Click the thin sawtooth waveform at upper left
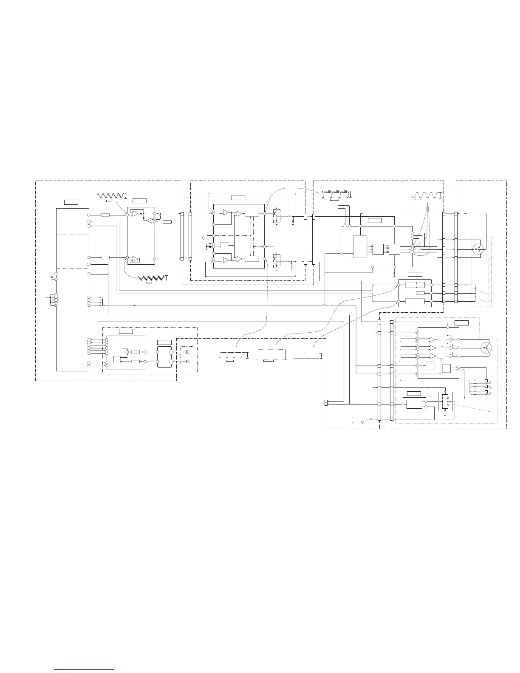pos(111,195)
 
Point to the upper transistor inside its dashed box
pos(276,215)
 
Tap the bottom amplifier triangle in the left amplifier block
pos(136,259)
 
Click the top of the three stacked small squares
pos(486,381)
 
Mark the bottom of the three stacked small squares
pos(486,392)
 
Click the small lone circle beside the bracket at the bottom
pos(362,422)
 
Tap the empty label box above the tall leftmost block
pos(71,201)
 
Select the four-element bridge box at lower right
pos(445,402)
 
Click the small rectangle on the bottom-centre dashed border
pos(326,403)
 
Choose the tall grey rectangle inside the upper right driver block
pos(360,246)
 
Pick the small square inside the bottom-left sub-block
pos(117,360)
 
